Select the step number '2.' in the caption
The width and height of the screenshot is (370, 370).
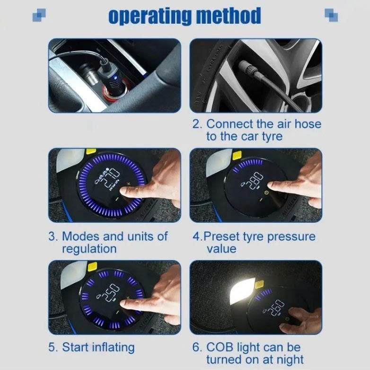coord(197,124)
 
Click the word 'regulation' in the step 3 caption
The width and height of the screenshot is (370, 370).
coord(89,248)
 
